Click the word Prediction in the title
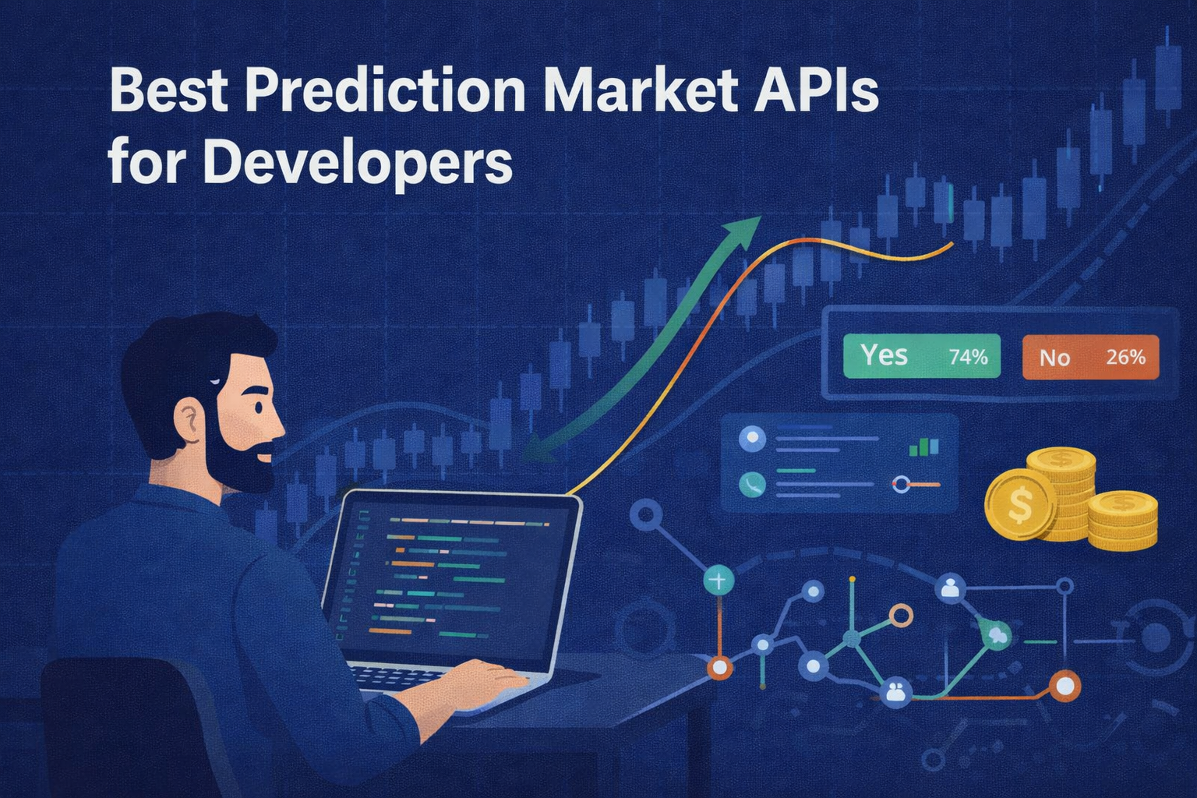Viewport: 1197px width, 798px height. pos(386,91)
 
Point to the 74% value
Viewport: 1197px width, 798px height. pos(968,357)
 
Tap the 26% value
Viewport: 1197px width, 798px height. pos(1125,358)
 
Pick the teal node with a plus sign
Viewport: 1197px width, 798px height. pos(718,581)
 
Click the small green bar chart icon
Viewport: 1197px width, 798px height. pos(924,447)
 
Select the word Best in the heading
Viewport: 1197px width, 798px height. pos(168,91)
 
